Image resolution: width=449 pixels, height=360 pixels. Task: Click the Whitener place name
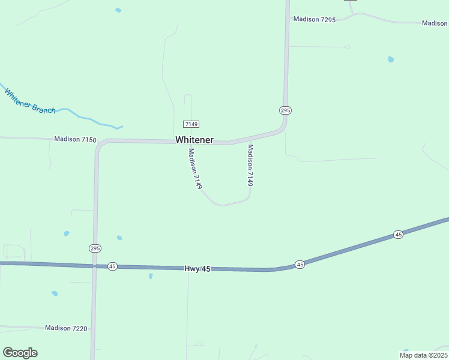[194, 140]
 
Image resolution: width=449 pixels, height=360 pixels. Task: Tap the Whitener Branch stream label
[30, 101]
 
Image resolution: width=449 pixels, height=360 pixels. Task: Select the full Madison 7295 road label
[314, 19]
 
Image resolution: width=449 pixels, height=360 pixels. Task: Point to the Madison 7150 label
[75, 139]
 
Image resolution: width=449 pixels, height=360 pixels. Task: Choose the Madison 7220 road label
[66, 328]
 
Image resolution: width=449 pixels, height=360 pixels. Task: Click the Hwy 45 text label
[198, 269]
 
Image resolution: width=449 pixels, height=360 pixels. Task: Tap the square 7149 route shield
[191, 124]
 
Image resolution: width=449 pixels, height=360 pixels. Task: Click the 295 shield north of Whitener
[285, 110]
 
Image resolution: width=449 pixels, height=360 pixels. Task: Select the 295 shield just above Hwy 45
[95, 248]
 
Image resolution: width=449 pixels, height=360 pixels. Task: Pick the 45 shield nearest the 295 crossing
[112, 266]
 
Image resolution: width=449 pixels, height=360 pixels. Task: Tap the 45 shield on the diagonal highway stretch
[398, 235]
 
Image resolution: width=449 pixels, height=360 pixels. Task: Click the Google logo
[20, 353]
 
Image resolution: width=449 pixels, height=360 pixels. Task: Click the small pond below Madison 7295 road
[391, 59]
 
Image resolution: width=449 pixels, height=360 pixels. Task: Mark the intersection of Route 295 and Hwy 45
[94, 266]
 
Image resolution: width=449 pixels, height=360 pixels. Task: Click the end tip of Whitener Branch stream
[122, 127]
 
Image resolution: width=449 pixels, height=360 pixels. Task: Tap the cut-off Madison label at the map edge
[435, 23]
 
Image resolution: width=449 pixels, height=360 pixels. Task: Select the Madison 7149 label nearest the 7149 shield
[194, 169]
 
